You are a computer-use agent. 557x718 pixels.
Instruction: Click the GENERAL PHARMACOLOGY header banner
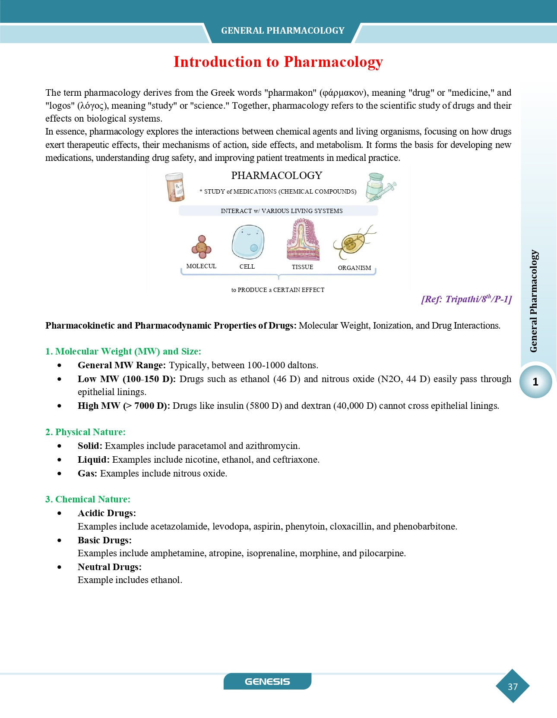[282, 31]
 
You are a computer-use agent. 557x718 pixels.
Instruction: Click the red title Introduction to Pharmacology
[278, 62]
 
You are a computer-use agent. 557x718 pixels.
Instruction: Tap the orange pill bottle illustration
[175, 187]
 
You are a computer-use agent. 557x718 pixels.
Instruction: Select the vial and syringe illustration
[380, 188]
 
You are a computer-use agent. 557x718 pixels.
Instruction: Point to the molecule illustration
[201, 247]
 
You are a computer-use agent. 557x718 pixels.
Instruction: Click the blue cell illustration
[248, 242]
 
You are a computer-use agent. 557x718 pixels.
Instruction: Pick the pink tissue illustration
[303, 240]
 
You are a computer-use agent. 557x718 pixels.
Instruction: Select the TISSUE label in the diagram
[302, 267]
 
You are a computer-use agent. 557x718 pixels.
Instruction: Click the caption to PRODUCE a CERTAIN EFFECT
[278, 290]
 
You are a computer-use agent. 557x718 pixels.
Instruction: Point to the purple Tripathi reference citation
[466, 299]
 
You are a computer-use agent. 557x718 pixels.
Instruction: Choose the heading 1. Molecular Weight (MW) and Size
[123, 351]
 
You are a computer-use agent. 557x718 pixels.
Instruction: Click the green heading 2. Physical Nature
[85, 432]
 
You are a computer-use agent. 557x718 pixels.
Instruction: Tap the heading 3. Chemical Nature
[88, 499]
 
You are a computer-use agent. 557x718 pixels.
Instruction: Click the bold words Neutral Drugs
[110, 567]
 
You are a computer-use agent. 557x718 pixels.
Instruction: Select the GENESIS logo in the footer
[267, 681]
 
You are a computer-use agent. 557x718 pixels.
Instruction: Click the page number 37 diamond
[513, 686]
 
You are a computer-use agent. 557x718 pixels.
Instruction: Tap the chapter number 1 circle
[535, 382]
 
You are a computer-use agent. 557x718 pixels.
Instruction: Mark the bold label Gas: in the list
[87, 473]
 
